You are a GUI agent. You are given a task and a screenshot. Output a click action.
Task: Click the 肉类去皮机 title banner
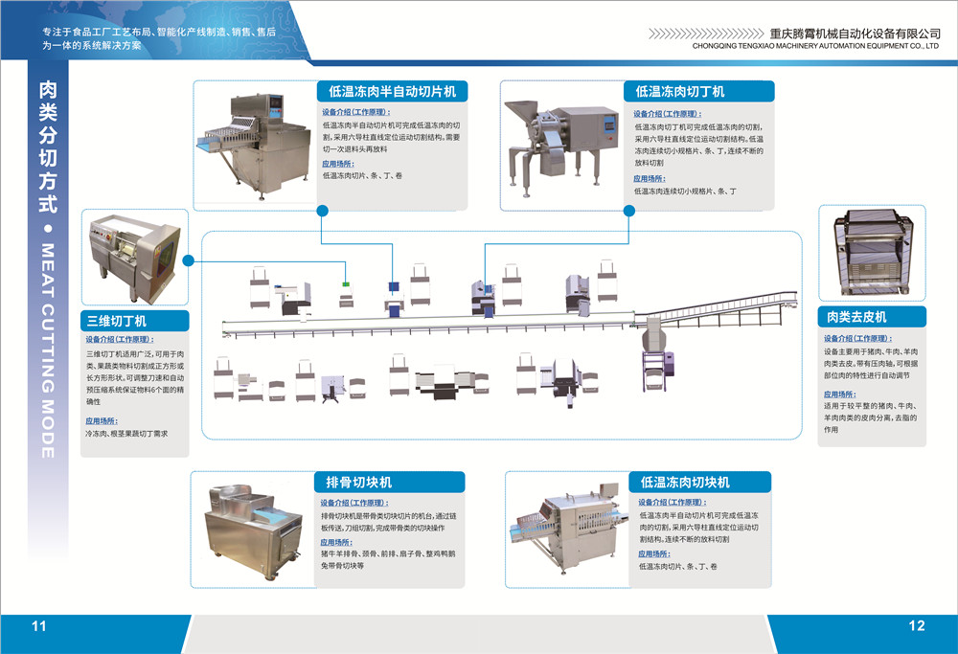[x=872, y=317]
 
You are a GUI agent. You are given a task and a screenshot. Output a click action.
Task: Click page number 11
[x=39, y=626]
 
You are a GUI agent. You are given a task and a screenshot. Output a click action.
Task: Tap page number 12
[x=917, y=626]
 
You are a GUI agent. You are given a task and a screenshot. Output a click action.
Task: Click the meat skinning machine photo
[x=872, y=254]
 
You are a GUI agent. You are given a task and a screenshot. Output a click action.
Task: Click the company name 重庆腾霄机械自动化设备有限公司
[x=844, y=32]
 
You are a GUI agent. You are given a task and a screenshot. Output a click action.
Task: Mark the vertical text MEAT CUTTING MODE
[x=47, y=350]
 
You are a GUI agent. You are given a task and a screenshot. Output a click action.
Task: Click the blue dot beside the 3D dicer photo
[x=189, y=259]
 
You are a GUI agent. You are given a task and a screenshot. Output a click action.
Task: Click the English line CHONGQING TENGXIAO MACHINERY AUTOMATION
[x=813, y=45]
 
